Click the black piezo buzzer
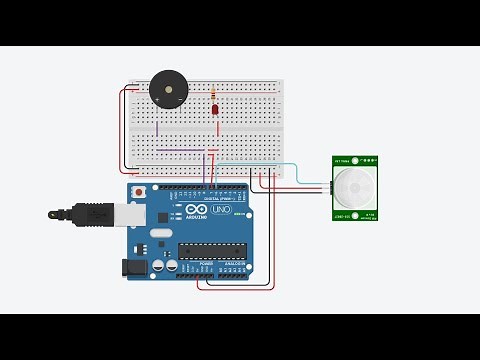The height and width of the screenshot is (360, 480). (168, 91)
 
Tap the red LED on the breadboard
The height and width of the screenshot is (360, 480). (215, 109)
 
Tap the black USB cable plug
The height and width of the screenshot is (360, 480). (96, 213)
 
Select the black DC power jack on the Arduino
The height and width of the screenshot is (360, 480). (133, 267)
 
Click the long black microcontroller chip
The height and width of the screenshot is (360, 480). (212, 250)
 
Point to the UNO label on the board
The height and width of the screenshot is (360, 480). (221, 209)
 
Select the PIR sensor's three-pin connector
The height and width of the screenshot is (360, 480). (330, 187)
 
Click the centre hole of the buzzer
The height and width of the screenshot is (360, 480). (168, 89)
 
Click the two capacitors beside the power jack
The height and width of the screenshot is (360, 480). (165, 266)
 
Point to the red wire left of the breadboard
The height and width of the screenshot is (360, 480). (124, 130)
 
